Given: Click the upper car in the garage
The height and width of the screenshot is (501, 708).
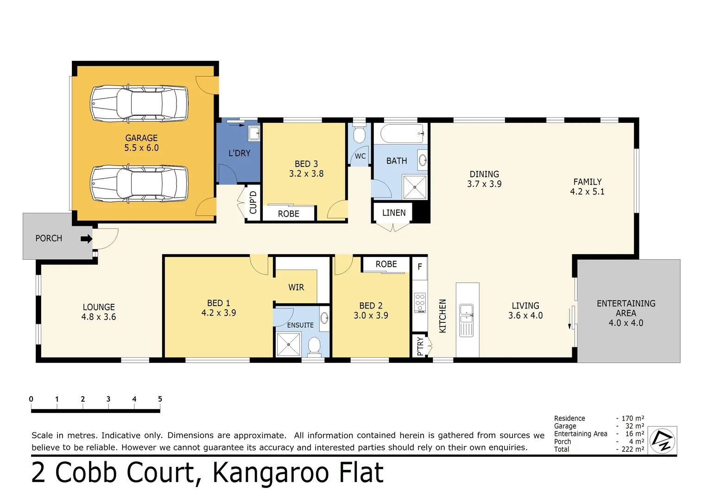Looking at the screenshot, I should click(x=139, y=103).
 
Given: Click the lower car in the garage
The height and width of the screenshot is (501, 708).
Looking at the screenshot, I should click(x=139, y=183).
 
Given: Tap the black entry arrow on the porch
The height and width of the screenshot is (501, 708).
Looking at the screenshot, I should click(x=86, y=239).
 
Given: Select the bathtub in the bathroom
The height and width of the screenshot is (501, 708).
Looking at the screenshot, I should click(x=402, y=134).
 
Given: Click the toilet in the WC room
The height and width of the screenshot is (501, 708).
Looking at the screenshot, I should click(x=359, y=135).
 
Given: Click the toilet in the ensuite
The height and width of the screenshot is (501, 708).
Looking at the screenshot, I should click(x=314, y=346).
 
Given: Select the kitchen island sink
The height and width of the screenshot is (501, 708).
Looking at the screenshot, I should click(x=466, y=314).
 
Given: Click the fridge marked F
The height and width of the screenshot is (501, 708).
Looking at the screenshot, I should click(x=420, y=267).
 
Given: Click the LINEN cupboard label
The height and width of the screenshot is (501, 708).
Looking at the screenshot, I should click(x=394, y=213).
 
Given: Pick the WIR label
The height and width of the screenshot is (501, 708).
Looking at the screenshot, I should click(x=296, y=288).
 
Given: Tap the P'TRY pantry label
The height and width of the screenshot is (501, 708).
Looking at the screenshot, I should click(x=420, y=346).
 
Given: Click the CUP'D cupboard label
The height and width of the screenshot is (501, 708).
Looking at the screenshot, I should click(x=253, y=202).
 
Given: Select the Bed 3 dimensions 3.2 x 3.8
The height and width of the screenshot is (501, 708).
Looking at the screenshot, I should click(x=306, y=174).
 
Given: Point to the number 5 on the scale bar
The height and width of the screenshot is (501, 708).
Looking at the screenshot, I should click(x=160, y=399).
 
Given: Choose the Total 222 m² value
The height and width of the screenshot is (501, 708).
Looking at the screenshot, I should click(x=632, y=449).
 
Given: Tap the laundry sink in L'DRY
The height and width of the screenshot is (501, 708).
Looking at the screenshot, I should click(x=254, y=134).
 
